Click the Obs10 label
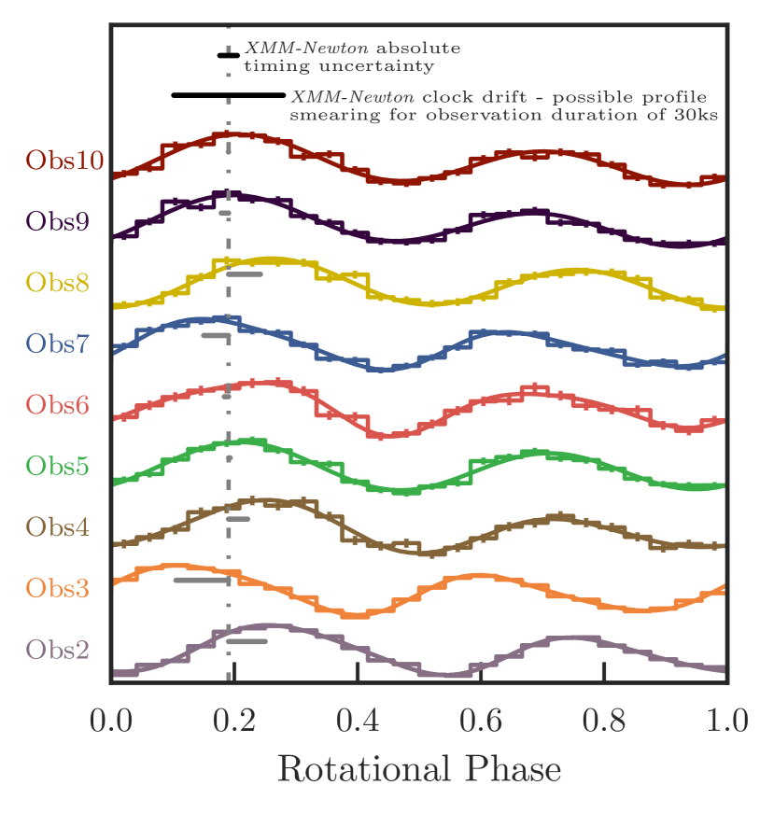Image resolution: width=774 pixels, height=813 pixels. (63, 160)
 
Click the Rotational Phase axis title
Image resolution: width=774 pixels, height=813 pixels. (419, 770)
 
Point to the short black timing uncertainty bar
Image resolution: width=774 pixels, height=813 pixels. (228, 56)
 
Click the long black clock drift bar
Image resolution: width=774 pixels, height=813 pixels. (228, 95)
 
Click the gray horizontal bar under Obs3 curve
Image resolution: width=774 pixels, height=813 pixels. (202, 581)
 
